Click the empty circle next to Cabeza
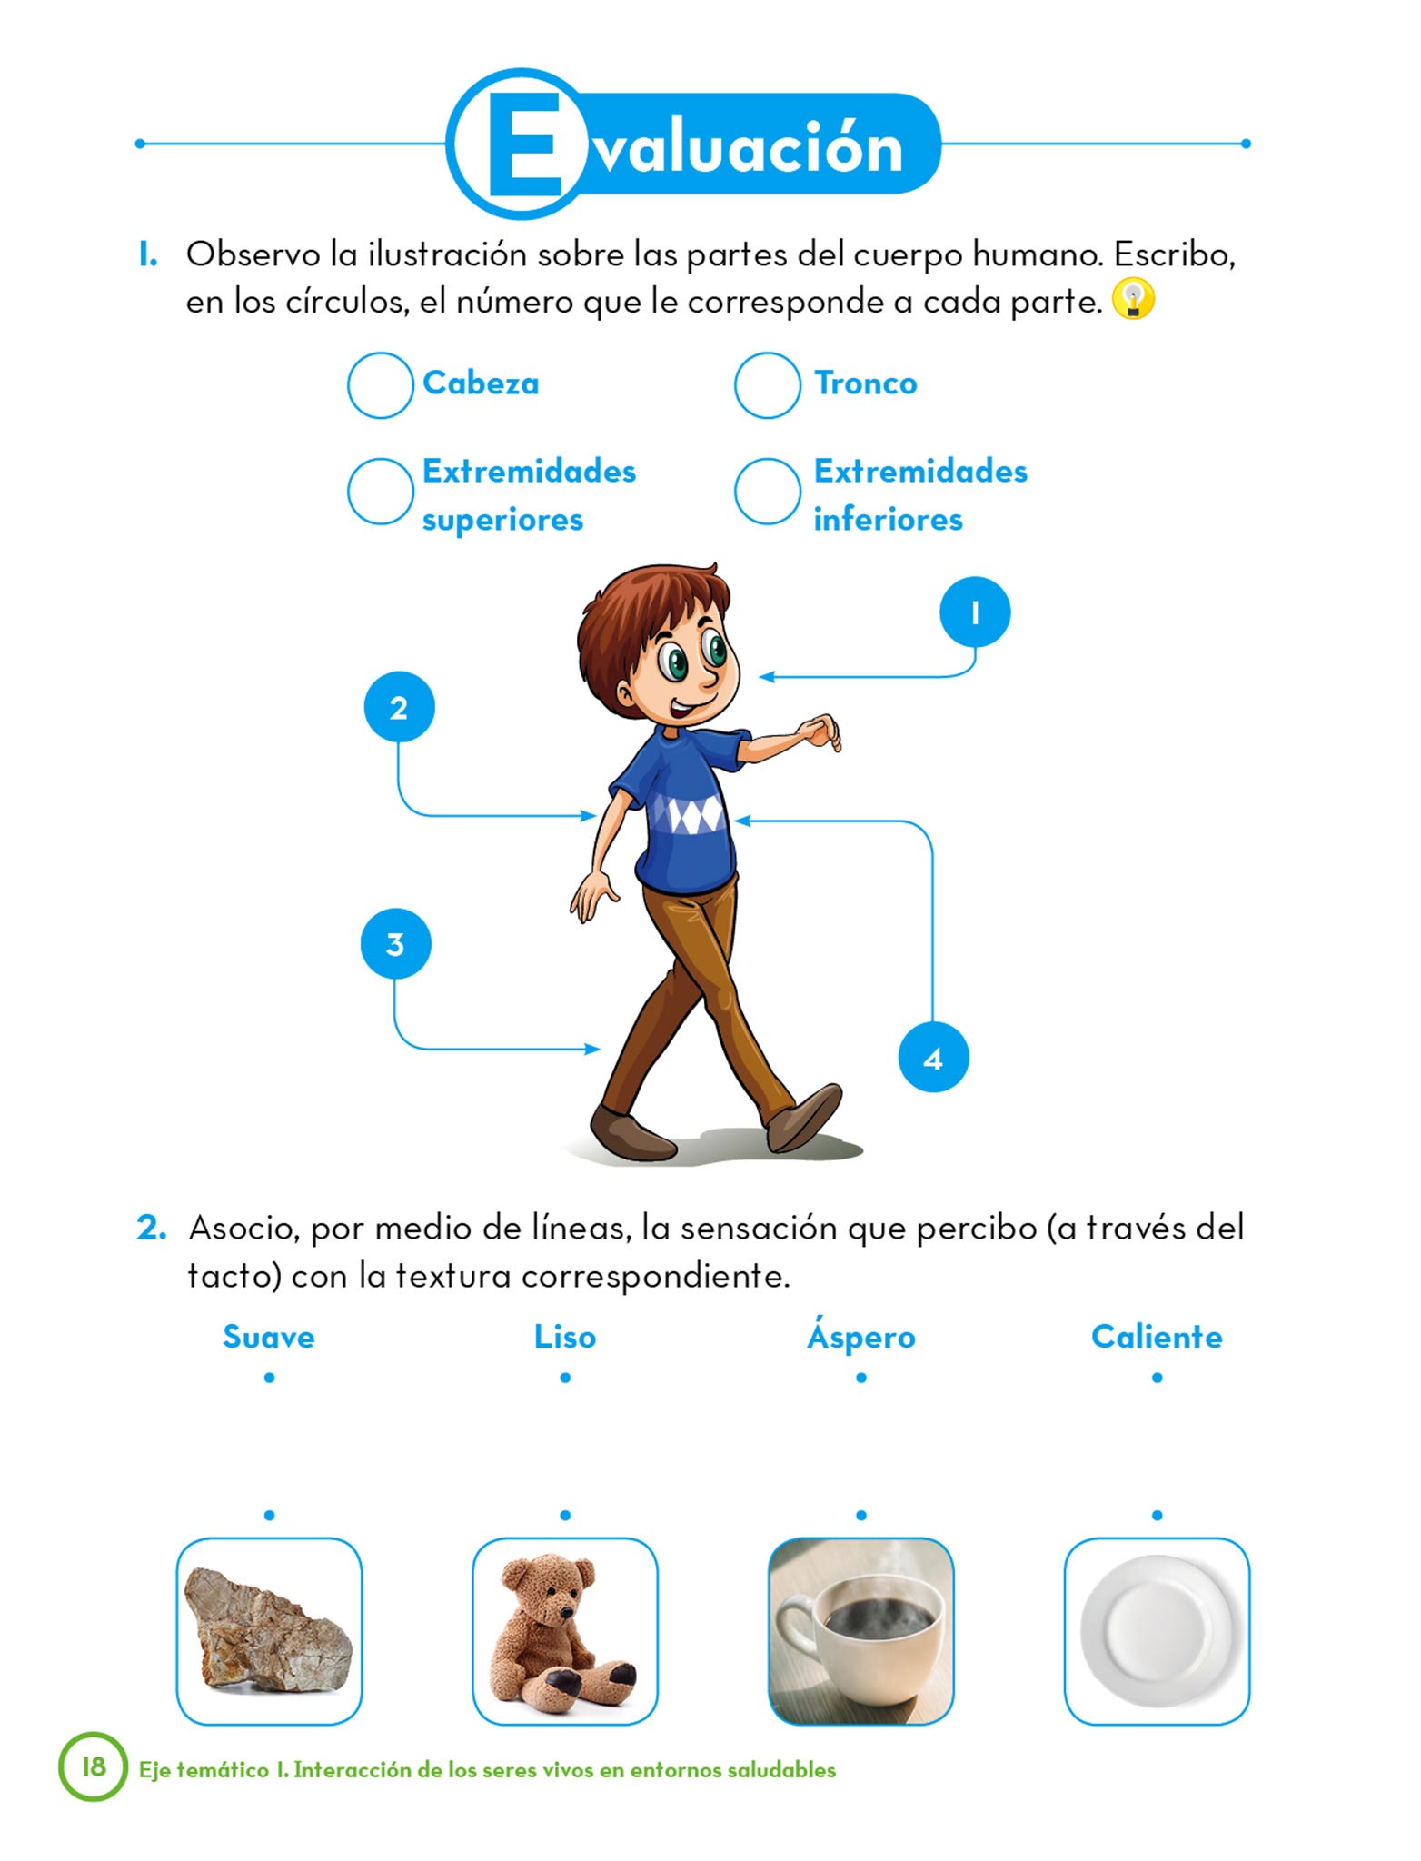click(381, 385)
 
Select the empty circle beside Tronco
click(767, 385)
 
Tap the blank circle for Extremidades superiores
click(381, 491)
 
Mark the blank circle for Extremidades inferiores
click(767, 491)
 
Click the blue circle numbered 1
click(975, 612)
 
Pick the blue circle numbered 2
click(399, 707)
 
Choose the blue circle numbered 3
click(395, 944)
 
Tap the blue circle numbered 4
click(933, 1057)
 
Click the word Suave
click(269, 1337)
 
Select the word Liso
click(565, 1337)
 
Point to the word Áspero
click(861, 1336)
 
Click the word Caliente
click(1157, 1337)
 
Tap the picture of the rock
click(269, 1631)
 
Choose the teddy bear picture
click(565, 1631)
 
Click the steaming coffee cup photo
click(861, 1631)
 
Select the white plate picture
click(1157, 1631)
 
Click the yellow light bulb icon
click(1133, 299)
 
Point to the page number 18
click(94, 1766)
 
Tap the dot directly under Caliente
click(1157, 1378)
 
